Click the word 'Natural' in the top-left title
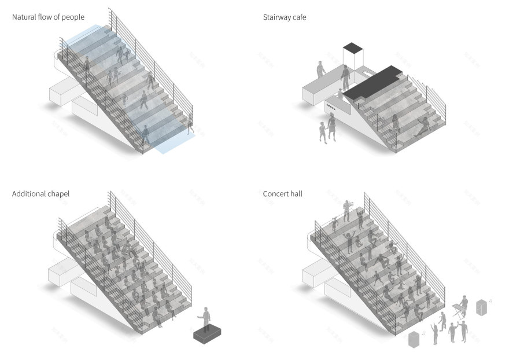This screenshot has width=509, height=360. (24, 17)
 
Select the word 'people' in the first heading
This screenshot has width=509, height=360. (73, 17)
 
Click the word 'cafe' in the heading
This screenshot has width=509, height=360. (298, 17)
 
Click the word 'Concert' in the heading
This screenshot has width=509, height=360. (275, 194)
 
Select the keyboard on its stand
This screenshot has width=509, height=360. (460, 307)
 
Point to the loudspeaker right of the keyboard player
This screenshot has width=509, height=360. (481, 307)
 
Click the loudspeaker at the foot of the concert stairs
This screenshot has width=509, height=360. (413, 339)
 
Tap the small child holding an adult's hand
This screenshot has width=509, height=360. (322, 131)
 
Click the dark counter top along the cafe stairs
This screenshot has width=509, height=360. (370, 82)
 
